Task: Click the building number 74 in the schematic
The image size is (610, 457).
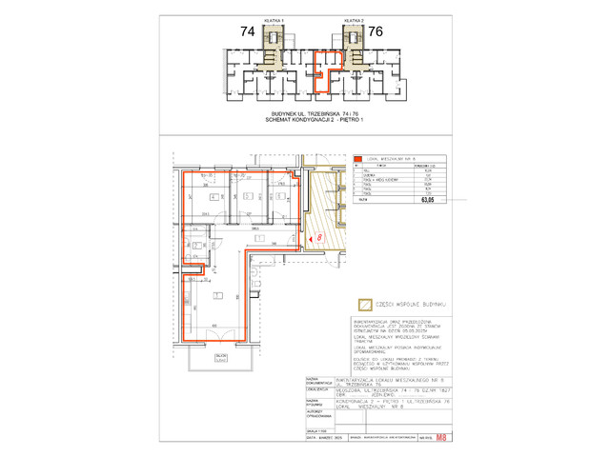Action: point(247,31)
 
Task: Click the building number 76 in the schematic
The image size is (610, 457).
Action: point(376,31)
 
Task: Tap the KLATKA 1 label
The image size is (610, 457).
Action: point(274,19)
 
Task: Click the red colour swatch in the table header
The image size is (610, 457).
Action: point(358,160)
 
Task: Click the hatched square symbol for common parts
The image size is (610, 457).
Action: point(363,305)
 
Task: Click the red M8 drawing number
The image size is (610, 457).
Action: point(438,439)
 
